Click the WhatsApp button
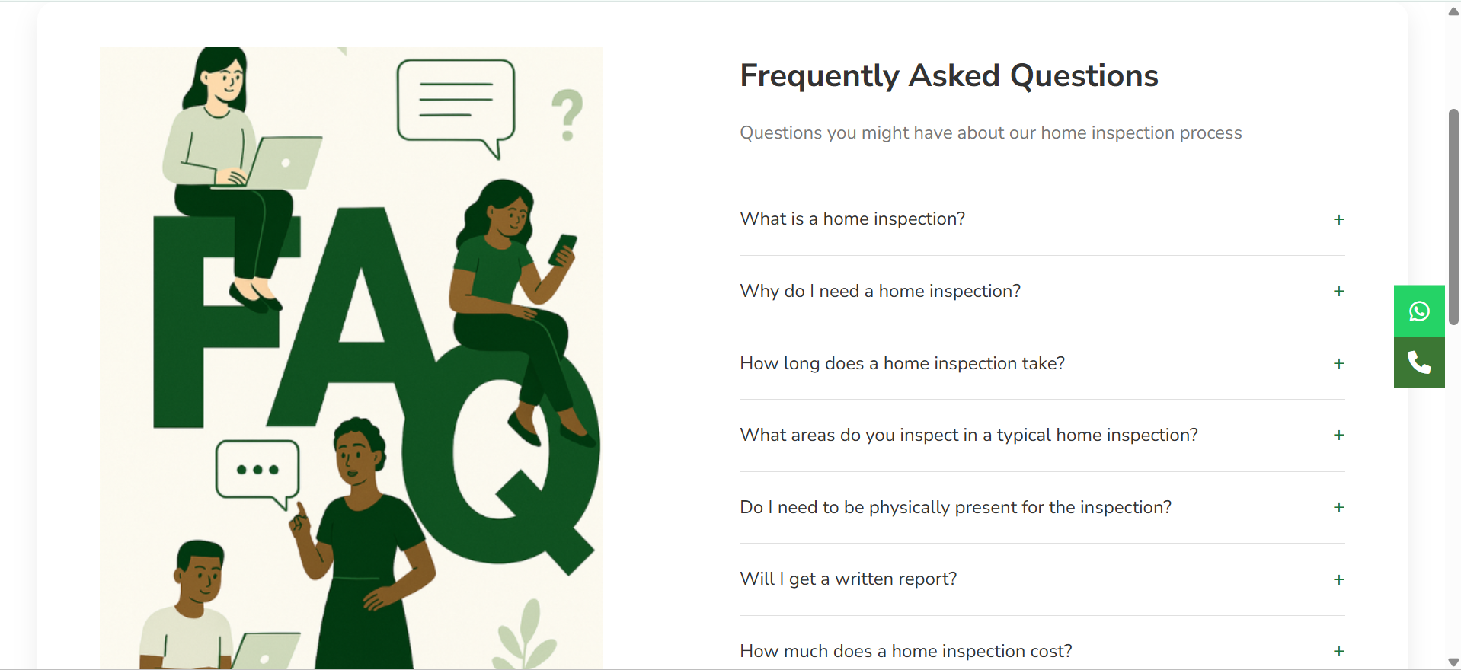point(1419,311)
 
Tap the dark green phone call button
point(1419,362)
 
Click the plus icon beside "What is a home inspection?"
point(1339,219)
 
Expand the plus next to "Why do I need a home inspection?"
point(1339,291)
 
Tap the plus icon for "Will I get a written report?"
point(1339,579)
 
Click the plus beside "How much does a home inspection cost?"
point(1339,651)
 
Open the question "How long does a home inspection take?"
point(902,363)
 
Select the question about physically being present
point(955,507)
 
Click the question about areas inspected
point(968,435)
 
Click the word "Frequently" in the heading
point(820,76)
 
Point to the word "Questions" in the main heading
point(1084,76)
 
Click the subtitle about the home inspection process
point(990,132)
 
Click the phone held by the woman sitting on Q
point(564,249)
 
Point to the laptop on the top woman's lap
point(278,163)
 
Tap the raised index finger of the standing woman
point(300,509)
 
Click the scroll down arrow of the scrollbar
point(1453,662)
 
